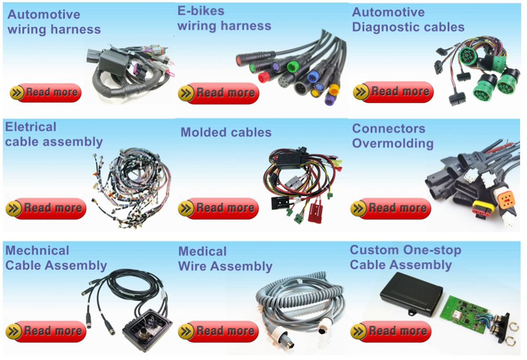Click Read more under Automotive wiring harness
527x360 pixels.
click(x=46, y=93)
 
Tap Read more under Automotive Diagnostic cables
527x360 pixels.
click(x=393, y=92)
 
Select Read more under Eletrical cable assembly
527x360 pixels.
click(x=46, y=208)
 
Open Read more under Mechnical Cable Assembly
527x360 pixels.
click(x=46, y=331)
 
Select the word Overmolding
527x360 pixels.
click(x=393, y=143)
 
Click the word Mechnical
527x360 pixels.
click(x=37, y=251)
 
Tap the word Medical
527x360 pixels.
click(x=202, y=251)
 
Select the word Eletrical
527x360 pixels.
click(x=31, y=127)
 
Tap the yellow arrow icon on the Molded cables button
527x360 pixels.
click(x=186, y=208)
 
